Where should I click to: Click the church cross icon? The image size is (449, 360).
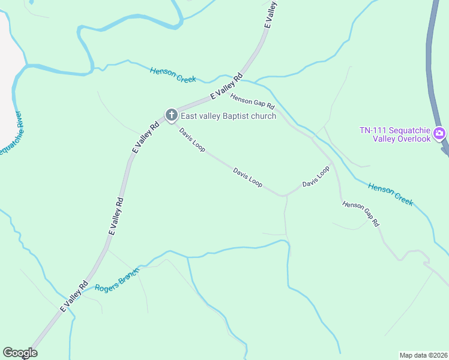(171, 115)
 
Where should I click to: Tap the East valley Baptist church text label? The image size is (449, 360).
(229, 116)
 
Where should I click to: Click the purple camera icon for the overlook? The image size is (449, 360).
(439, 133)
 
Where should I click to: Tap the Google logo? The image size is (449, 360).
(20, 353)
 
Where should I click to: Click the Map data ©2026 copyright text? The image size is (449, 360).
(423, 355)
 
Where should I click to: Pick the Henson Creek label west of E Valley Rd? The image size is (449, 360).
(173, 75)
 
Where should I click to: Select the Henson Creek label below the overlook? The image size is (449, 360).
(391, 194)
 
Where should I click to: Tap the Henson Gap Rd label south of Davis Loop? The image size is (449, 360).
(361, 214)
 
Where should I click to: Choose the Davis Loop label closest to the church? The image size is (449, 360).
(192, 139)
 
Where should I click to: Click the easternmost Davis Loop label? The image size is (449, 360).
(316, 176)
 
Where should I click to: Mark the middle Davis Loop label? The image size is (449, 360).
(248, 177)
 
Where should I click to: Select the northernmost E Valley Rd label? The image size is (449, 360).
(271, 14)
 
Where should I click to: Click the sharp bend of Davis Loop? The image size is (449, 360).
(283, 196)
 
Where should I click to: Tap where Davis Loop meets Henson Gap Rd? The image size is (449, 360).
(332, 163)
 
